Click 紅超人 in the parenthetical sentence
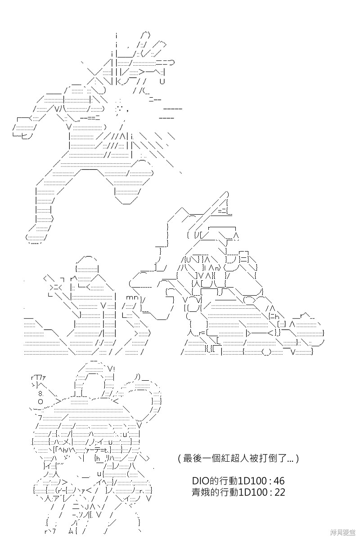(232, 458)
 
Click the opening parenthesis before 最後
(180, 458)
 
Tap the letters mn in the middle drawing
(132, 297)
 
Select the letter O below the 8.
(40, 401)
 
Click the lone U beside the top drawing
(162, 81)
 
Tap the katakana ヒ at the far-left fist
(24, 136)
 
